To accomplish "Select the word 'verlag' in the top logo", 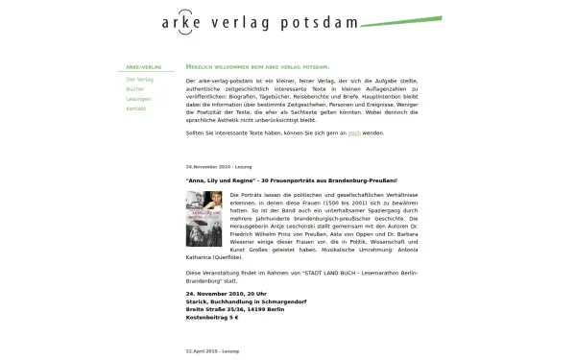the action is click(x=244, y=23).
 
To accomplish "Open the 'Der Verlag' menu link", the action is click(x=139, y=79).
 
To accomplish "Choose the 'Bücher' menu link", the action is click(x=133, y=89).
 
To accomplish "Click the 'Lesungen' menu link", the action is click(x=138, y=99).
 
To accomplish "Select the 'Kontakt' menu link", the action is click(x=135, y=108).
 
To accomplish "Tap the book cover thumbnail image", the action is click(x=203, y=219).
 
